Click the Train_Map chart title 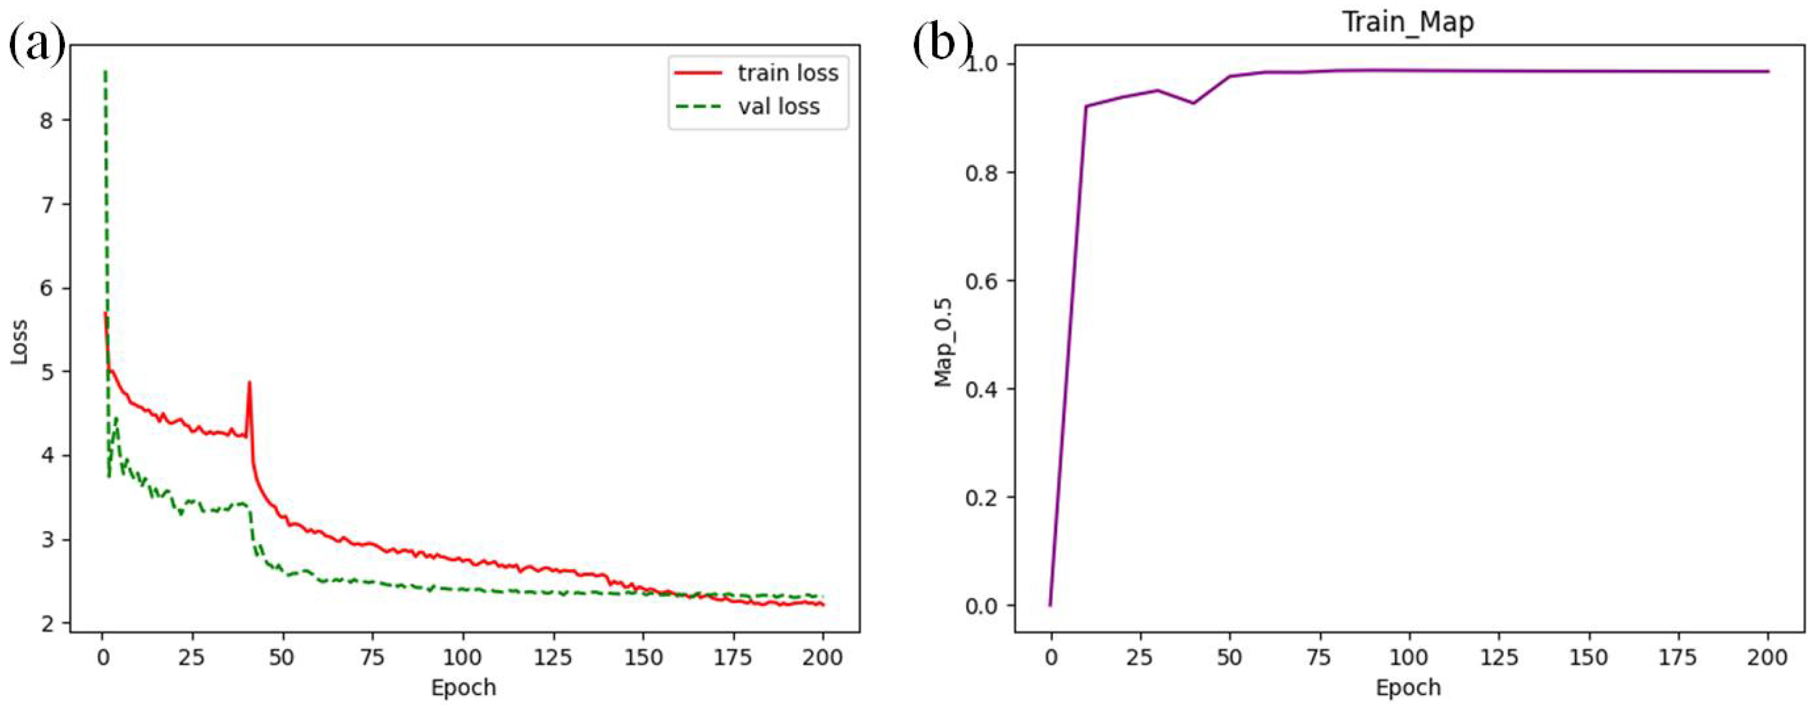click(x=1407, y=22)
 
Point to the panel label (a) click(x=37, y=44)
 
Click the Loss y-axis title click(x=19, y=343)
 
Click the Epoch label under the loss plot click(x=463, y=687)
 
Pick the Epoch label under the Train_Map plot click(x=1407, y=687)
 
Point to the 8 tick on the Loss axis click(x=46, y=121)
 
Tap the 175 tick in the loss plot click(x=732, y=657)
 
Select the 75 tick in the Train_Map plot click(x=1318, y=657)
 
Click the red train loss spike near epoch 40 click(x=249, y=383)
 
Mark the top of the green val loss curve click(x=105, y=71)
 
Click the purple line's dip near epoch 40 click(x=1193, y=103)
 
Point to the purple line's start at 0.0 click(x=1050, y=605)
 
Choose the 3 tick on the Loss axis click(x=46, y=540)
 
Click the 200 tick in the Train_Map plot click(x=1767, y=657)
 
